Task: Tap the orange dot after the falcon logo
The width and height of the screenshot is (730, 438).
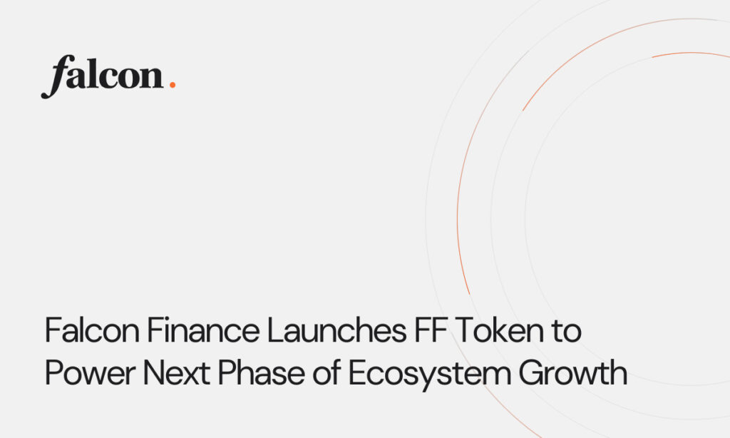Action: click(172, 85)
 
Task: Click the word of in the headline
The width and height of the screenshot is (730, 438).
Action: click(319, 374)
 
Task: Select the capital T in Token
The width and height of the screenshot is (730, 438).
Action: click(464, 332)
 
